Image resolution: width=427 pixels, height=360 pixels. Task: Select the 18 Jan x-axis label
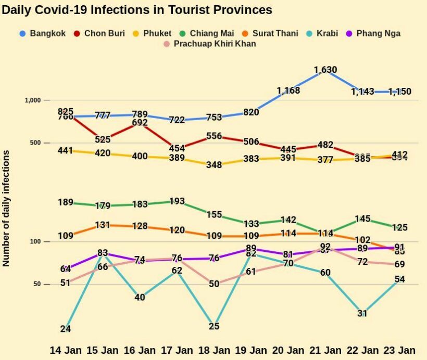215,349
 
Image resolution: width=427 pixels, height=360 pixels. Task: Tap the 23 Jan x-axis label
399,349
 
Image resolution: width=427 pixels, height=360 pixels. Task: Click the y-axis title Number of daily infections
7,208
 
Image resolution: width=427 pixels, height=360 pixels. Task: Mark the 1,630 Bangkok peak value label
325,70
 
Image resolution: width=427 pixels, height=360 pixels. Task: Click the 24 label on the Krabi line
65,329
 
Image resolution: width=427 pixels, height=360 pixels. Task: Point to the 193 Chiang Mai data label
177,201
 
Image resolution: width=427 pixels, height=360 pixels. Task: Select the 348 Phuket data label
213,165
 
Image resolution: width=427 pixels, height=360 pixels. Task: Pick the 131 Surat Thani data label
103,225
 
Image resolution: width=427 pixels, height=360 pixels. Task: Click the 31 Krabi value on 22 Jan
362,313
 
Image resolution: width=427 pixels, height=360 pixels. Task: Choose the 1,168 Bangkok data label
288,91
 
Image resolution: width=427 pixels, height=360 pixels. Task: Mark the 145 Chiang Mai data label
362,219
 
